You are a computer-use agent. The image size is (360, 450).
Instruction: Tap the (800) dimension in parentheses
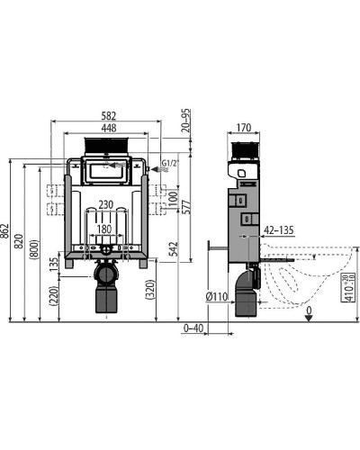(35, 245)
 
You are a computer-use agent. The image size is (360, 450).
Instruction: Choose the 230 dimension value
(106, 204)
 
